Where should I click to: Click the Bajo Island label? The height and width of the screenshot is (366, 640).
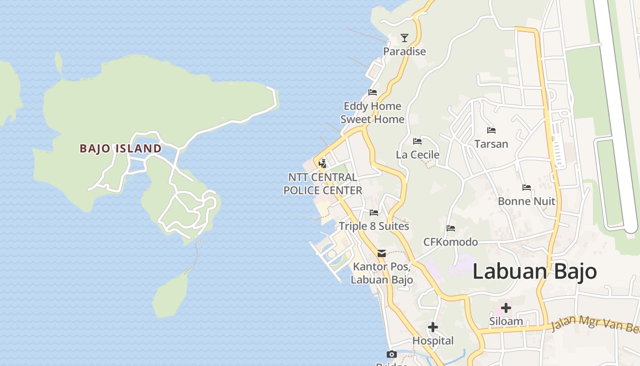pos(121,148)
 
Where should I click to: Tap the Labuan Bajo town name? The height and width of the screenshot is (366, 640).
pos(534,271)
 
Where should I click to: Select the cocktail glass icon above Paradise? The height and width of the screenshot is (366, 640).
pos(404,38)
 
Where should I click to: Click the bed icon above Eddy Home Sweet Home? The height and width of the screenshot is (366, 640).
pos(373,92)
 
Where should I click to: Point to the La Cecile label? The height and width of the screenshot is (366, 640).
pos(417,155)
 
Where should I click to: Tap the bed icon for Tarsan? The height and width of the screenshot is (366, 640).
pos(491,130)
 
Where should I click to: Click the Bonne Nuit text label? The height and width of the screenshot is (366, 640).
pos(526,201)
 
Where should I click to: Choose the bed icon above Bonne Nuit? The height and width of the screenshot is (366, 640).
pos(527,188)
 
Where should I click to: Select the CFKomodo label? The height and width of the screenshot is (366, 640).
pos(450,242)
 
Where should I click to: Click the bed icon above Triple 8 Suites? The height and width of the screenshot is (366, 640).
pos(374,213)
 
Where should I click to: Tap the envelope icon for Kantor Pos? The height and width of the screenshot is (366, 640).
pos(382,253)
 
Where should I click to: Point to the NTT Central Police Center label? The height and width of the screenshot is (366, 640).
pos(323,183)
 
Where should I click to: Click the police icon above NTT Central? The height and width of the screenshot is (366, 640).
pos(322,163)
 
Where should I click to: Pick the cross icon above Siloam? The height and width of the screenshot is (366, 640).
pos(506,307)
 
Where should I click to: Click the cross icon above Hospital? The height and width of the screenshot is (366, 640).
pos(432,327)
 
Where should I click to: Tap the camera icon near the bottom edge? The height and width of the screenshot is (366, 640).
pos(391,354)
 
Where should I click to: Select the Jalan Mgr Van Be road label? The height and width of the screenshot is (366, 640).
pos(594,324)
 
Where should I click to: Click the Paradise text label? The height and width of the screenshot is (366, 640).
pos(404,51)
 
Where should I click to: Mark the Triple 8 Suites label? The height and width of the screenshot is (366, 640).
pos(373,226)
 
